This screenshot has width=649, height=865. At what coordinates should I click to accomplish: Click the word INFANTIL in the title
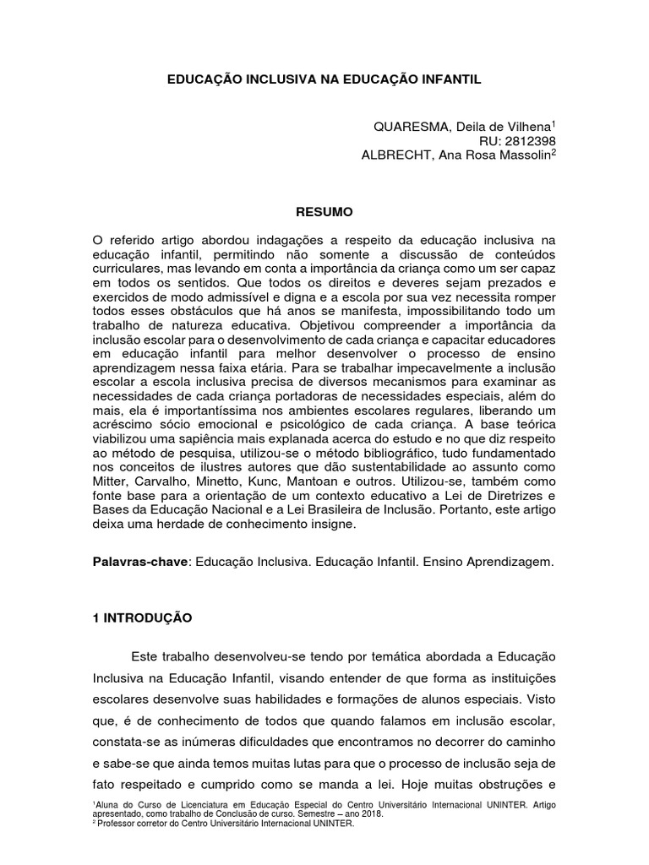(450, 79)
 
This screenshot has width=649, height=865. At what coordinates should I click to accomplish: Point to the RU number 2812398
(528, 140)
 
